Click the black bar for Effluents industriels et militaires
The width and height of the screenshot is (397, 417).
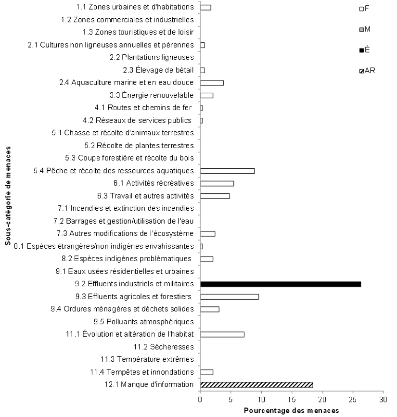click(x=280, y=284)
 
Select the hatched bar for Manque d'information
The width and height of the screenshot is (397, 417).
click(x=256, y=384)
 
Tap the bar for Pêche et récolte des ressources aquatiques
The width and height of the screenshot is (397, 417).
click(x=227, y=171)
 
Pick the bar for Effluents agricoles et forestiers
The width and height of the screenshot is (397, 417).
click(x=229, y=296)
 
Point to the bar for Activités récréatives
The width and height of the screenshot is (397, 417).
click(x=217, y=183)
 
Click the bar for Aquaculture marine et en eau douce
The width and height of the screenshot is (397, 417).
click(x=212, y=83)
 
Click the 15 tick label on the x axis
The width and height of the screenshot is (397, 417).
click(x=292, y=399)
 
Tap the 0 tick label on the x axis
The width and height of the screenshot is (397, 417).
click(x=200, y=399)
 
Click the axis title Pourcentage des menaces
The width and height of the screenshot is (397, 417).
click(x=291, y=410)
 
